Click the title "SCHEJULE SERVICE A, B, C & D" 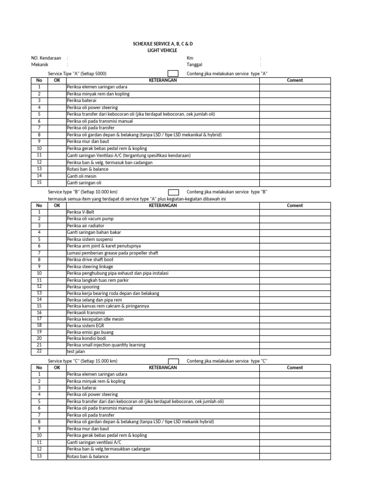click(x=166, y=44)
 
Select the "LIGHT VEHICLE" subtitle click(x=162, y=50)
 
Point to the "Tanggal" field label click(x=194, y=64)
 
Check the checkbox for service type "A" click(x=173, y=74)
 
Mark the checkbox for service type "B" click(x=173, y=192)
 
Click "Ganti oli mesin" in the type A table click(x=82, y=176)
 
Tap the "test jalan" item click(x=76, y=352)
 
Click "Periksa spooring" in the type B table click(x=83, y=286)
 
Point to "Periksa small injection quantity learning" click(x=106, y=345)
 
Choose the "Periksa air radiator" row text click(x=85, y=226)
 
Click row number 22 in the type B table click(x=39, y=351)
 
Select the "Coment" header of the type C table click(x=295, y=368)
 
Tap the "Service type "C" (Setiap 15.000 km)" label click(x=83, y=361)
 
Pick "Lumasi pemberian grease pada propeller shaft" click(x=112, y=253)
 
